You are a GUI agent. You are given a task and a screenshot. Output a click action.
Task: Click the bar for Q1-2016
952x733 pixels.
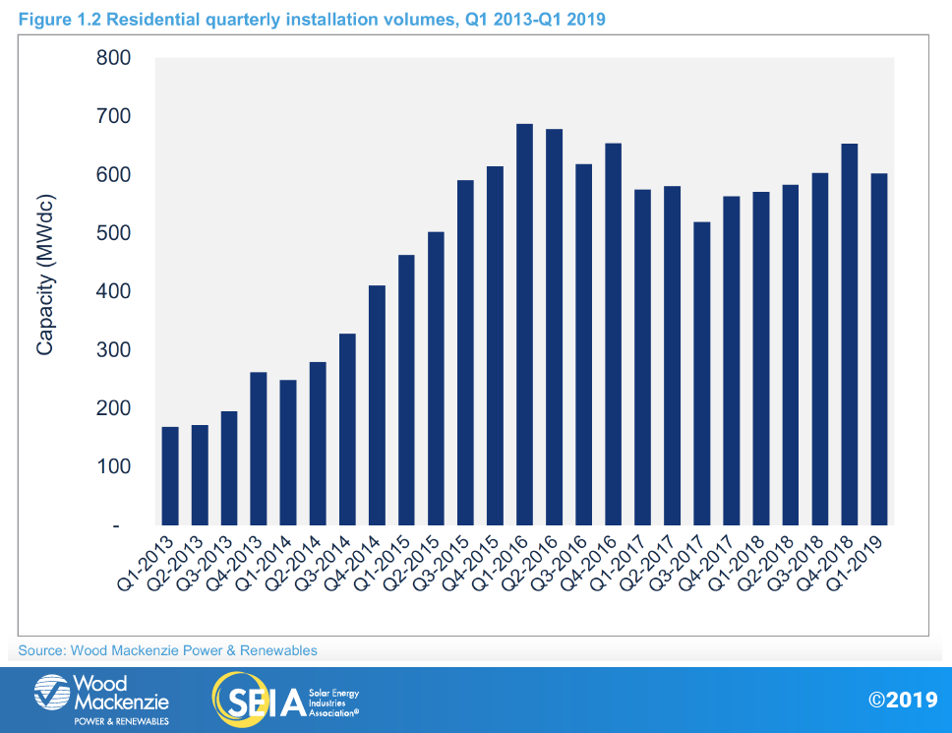click(524, 325)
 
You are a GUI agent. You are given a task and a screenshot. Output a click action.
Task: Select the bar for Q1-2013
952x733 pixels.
click(170, 476)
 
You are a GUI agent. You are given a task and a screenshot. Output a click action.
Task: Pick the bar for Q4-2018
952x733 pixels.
click(849, 335)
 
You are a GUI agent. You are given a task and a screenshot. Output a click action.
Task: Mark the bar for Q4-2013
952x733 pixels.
click(259, 449)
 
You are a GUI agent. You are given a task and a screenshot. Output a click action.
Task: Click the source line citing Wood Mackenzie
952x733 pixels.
click(167, 650)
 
